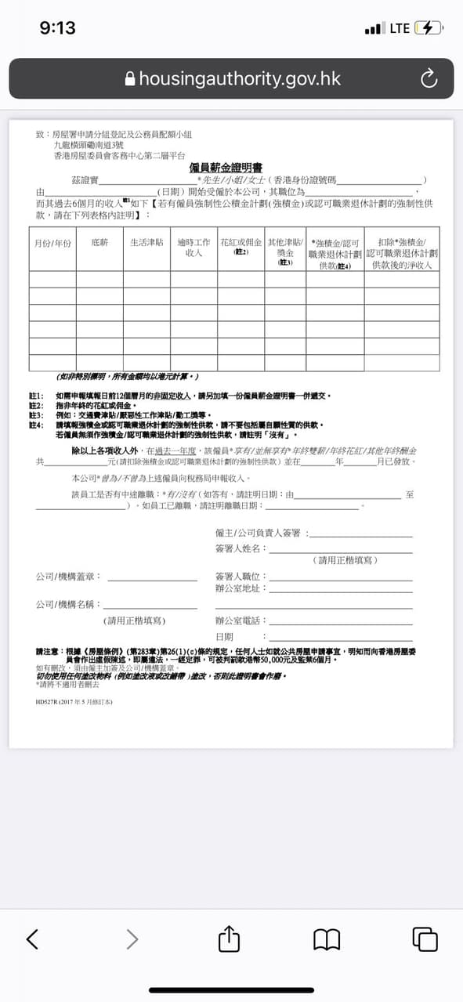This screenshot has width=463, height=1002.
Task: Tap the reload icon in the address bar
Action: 428,78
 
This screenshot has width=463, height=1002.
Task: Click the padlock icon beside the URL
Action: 130,78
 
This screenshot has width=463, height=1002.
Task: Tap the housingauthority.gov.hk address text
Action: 240,78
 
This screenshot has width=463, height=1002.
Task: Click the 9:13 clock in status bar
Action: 57,28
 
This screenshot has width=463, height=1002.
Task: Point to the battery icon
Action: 429,28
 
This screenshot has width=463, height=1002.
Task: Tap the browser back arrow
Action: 32,939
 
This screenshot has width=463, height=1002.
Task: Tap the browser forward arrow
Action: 132,939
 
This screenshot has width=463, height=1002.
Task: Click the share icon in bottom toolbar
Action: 228,938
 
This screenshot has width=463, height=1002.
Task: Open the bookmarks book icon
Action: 327,939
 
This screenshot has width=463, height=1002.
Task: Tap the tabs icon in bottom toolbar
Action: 425,939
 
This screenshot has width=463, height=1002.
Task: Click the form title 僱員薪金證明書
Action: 226,168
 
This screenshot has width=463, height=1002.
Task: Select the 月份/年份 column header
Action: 52,244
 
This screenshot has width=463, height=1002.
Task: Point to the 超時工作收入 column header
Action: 194,248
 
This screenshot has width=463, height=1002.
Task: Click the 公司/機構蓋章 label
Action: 68,577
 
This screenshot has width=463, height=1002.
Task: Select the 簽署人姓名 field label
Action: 241,548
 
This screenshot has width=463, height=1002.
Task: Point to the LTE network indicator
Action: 400,28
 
